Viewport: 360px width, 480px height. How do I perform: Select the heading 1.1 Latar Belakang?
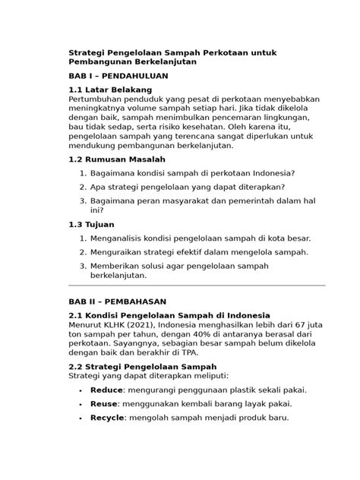tap(110, 90)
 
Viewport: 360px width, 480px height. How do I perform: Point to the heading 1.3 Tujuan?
tap(94, 225)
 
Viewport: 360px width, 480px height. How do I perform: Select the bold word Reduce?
tap(106, 390)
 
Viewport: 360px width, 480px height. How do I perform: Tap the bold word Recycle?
tap(107, 418)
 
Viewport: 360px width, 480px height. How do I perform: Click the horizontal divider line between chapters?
tap(196, 286)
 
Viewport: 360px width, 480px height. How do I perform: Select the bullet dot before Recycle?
tap(81, 418)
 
